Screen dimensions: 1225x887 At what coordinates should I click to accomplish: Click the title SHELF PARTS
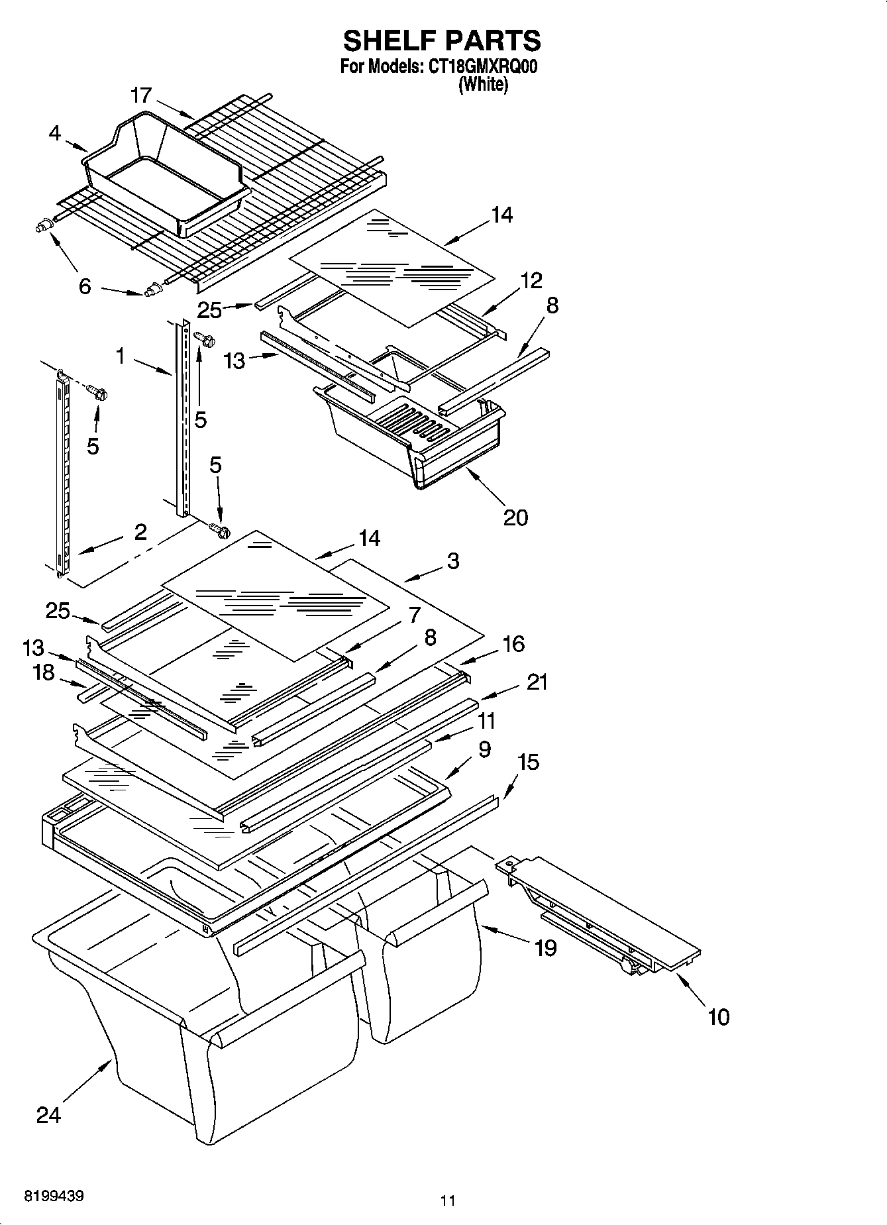pos(442,40)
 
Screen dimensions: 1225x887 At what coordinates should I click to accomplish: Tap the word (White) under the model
pos(484,85)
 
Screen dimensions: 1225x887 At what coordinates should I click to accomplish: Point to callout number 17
pos(142,95)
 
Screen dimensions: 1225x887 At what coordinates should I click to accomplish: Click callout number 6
pos(85,288)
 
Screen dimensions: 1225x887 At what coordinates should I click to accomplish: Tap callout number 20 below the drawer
pos(516,517)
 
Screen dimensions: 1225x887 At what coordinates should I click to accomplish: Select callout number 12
pos(531,280)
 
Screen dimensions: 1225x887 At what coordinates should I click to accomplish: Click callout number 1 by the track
pos(120,356)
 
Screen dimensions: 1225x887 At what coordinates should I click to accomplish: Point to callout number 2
pos(141,531)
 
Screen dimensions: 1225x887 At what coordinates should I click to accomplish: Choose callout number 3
pos(453,560)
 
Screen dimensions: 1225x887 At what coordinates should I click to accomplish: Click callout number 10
pos(719,1016)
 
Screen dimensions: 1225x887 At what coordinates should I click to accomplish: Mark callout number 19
pos(545,948)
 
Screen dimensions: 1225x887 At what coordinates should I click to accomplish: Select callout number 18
pos(44,672)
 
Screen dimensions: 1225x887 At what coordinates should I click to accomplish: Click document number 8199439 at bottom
pos(54,1197)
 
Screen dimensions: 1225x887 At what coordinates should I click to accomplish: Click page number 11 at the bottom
pos(448,1200)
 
